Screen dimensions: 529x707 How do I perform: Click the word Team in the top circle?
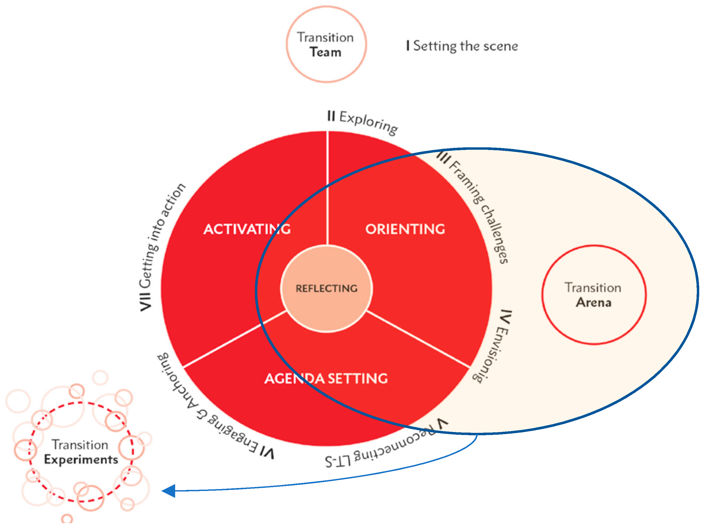(x=326, y=52)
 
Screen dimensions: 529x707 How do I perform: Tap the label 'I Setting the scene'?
(x=462, y=46)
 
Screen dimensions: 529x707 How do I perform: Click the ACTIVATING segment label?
(x=247, y=229)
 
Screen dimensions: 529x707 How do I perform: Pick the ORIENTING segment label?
(x=405, y=229)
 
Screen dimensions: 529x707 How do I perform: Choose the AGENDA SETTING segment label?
(x=326, y=378)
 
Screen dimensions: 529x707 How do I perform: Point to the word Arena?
(x=593, y=302)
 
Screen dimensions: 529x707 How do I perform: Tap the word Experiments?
(x=81, y=459)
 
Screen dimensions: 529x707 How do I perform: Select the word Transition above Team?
(x=325, y=38)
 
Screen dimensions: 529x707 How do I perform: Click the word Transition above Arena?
(x=593, y=288)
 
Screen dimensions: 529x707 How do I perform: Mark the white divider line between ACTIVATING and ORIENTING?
(x=327, y=189)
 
